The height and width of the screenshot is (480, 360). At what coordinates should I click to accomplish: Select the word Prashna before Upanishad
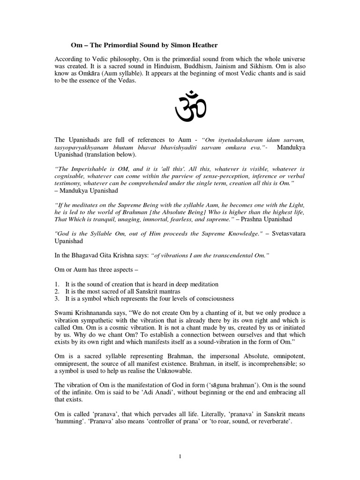point(255,219)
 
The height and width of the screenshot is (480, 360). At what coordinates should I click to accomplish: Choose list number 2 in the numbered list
point(57,292)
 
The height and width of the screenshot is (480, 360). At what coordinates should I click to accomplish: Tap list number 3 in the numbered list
point(57,299)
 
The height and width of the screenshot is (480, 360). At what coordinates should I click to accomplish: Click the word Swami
point(66,313)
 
